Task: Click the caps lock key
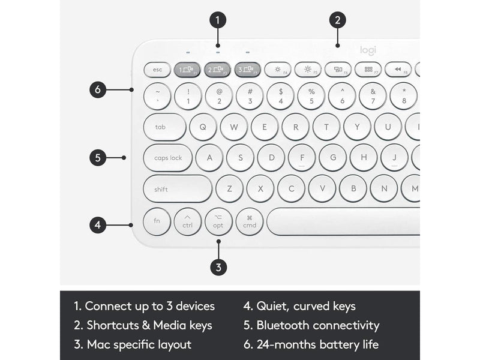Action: [168, 158]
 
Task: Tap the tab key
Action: [164, 127]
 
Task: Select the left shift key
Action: [178, 189]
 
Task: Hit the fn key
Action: [157, 221]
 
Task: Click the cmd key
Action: [250, 221]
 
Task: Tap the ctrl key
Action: [188, 221]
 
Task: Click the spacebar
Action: [343, 221]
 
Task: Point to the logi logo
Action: [368, 50]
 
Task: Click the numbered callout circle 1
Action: [218, 20]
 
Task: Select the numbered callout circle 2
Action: [338, 20]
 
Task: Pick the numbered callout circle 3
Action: [218, 267]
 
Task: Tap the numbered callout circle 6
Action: [98, 89]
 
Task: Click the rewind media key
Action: [398, 70]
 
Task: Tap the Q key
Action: [203, 127]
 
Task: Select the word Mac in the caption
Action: [100, 344]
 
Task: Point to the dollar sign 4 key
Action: [280, 96]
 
